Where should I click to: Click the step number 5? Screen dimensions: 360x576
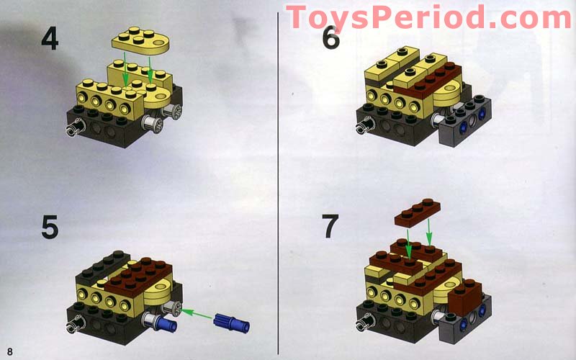(50, 228)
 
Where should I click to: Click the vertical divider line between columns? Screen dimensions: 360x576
(279, 180)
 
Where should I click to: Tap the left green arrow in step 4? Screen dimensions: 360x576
(126, 70)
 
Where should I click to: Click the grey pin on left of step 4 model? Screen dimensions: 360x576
(74, 129)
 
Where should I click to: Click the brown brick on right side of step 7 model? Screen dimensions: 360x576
(464, 294)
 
